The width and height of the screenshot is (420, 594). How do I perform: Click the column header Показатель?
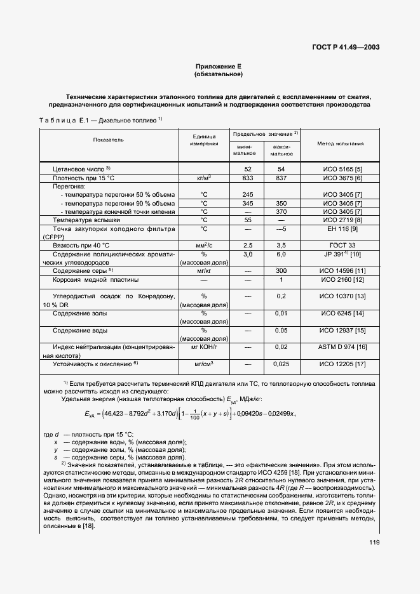coord(108,139)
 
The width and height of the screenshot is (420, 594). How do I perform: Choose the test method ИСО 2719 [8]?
coord(342,220)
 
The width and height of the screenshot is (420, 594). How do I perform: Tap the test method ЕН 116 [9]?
coord(342,228)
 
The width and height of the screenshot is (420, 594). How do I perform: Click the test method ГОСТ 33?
coord(342,245)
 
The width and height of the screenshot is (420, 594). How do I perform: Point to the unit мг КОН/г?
coord(204,348)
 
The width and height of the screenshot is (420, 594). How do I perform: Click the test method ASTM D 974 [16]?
coord(342,348)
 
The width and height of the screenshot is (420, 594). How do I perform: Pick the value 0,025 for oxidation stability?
coord(281,364)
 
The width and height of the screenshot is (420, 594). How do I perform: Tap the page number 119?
coord(374,541)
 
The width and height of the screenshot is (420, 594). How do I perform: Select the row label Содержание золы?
coord(80,313)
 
